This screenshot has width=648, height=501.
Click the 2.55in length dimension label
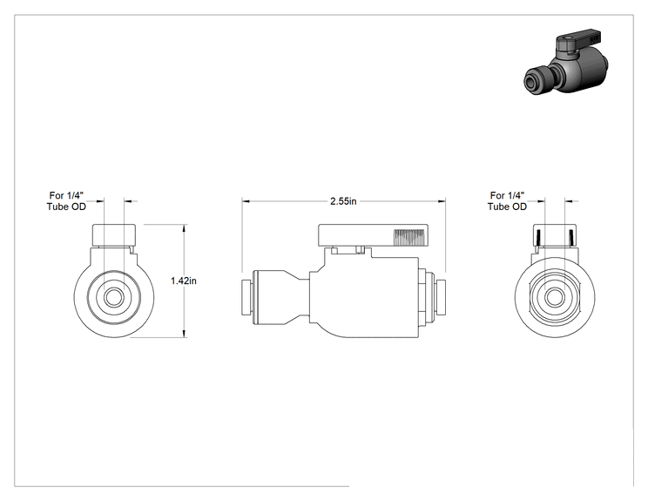coord(343,201)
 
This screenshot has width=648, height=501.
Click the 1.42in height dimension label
coord(184,281)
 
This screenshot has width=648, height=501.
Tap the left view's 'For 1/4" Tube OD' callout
coord(66,201)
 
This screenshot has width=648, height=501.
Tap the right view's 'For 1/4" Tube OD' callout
coord(507,201)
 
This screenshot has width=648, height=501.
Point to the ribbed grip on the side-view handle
coord(408,238)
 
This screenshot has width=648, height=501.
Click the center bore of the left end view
coord(113,297)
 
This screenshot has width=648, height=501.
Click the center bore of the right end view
coord(555,297)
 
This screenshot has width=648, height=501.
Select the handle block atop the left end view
coord(114,235)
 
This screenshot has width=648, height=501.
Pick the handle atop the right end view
coord(555,235)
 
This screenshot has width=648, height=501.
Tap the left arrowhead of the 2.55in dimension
coord(246,201)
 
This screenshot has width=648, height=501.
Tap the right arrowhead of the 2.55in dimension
coord(442,201)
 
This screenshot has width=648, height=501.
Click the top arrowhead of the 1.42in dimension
coord(185,228)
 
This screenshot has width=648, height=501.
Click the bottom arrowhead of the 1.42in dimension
coord(185,333)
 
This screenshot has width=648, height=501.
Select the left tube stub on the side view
coord(246,297)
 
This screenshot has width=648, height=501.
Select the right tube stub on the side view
coord(439,297)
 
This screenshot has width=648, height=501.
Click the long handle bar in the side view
coord(374,235)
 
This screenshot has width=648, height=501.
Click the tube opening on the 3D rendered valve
coord(531,83)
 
